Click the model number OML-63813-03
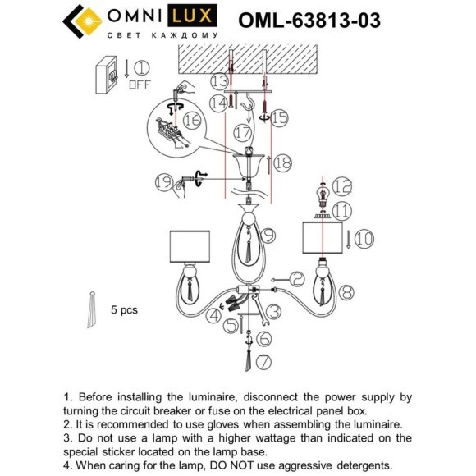point(309,21)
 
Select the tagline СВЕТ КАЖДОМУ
point(162,36)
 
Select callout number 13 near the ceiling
point(217,81)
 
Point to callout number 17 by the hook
point(242,130)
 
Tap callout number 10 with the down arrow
point(364,239)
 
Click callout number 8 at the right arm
point(346,290)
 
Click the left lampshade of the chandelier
point(190,246)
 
